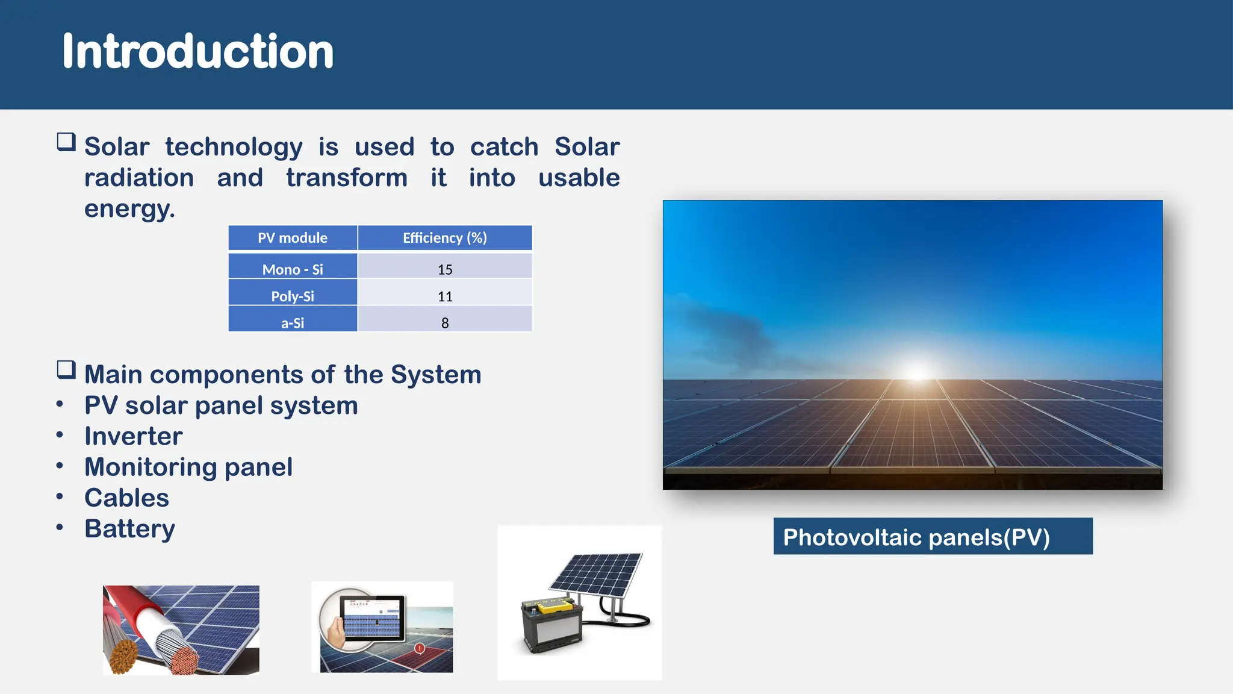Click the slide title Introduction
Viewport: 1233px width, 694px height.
pos(197,52)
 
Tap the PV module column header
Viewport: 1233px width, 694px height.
pos(293,238)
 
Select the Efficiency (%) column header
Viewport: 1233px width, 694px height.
pos(444,238)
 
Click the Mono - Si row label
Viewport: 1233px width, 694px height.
pos(293,269)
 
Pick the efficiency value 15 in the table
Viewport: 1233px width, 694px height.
pos(445,269)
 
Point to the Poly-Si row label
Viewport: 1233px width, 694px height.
pos(293,296)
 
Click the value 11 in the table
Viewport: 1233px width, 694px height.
pos(445,296)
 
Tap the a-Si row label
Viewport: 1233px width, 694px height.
pos(293,323)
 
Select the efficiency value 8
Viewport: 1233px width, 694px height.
pos(445,323)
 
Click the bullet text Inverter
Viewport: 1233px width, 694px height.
pos(133,436)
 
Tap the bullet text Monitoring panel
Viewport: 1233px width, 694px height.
pos(188,467)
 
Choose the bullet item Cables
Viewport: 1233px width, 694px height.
pos(126,498)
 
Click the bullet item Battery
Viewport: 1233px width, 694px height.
pos(129,528)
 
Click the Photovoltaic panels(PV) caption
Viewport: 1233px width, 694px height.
pos(916,537)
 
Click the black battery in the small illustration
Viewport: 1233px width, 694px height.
pos(551,627)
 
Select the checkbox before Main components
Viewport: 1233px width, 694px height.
pos(66,369)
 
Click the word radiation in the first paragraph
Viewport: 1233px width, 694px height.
pos(139,178)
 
